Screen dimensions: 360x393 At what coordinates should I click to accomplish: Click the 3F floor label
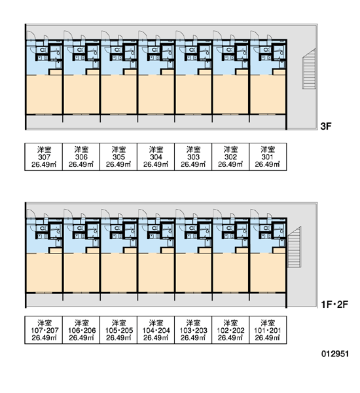click(326, 126)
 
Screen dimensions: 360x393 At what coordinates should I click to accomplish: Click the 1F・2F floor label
click(334, 305)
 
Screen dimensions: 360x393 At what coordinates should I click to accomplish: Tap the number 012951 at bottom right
click(335, 354)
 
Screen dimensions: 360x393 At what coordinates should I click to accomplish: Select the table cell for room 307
click(44, 157)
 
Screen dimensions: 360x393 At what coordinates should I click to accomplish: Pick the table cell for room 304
click(156, 157)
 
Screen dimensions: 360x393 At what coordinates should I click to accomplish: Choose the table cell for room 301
click(268, 157)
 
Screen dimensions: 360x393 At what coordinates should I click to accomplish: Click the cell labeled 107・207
click(44, 330)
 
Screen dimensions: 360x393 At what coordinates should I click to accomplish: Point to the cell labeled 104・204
click(156, 330)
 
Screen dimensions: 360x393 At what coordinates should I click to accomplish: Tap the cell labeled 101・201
click(268, 330)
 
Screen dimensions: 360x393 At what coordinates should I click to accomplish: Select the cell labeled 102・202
click(230, 330)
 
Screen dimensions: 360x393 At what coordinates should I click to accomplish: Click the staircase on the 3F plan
click(309, 69)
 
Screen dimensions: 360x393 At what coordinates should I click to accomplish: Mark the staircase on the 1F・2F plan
click(294, 247)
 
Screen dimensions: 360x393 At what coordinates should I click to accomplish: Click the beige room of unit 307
click(44, 94)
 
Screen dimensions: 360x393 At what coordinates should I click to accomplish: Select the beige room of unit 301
click(268, 94)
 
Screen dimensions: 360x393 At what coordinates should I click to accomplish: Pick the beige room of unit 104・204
click(156, 273)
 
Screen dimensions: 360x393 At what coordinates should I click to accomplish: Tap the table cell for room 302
click(230, 157)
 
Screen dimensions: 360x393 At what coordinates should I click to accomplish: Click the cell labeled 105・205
click(118, 330)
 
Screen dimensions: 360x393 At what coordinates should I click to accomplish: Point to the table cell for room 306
click(81, 157)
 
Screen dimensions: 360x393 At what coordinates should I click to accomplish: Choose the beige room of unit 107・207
click(44, 273)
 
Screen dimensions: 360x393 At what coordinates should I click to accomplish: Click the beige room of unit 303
click(193, 94)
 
